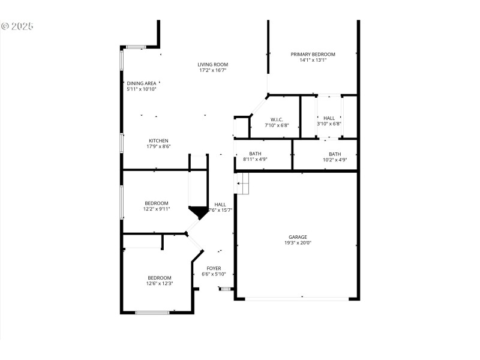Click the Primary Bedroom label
point(313,54)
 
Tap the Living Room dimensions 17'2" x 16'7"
point(213,70)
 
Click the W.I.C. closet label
point(276,119)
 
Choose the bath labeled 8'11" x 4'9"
point(255,154)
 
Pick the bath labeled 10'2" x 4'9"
point(334,154)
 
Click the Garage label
point(298,237)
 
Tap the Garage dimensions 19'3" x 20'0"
point(298,243)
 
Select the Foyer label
point(214,268)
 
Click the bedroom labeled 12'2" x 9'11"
point(156,203)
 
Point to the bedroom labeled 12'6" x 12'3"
point(160,278)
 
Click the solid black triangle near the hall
point(197,212)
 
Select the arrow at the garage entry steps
point(239,182)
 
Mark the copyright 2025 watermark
point(17,26)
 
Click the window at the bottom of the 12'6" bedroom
point(152,312)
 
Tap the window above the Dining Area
point(135,47)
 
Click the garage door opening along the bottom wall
point(297,298)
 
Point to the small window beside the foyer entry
point(226,289)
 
